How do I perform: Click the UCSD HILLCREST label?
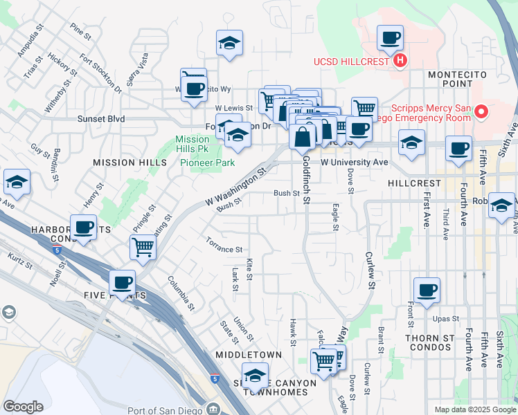pos(352,61)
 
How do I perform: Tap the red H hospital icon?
pos(400,61)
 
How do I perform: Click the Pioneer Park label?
pos(208,163)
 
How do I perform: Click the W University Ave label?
pos(354,162)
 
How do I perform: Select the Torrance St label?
pos(224,245)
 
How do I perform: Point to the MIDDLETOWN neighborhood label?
pos(248,355)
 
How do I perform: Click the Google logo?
pos(24,407)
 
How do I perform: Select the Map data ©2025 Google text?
pos(475,409)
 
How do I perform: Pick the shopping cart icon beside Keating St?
pos(143,246)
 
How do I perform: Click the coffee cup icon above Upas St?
pos(427,289)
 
